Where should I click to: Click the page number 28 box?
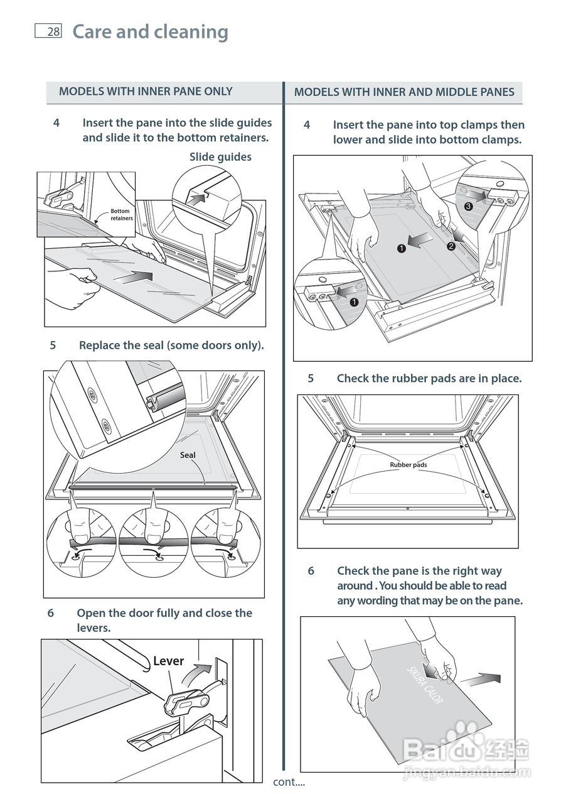click(x=48, y=31)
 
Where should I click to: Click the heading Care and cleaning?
click(x=150, y=31)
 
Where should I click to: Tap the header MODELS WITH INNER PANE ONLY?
click(x=146, y=92)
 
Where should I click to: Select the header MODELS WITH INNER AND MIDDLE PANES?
click(x=404, y=92)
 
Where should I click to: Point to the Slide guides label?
click(x=220, y=157)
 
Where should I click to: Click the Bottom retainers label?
click(x=121, y=215)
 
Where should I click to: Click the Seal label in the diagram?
click(x=188, y=455)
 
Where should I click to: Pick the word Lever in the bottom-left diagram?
click(x=168, y=661)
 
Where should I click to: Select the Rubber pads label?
click(x=408, y=465)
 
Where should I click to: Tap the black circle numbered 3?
click(x=468, y=206)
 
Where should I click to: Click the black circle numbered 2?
click(x=451, y=246)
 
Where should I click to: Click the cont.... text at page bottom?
click(x=289, y=782)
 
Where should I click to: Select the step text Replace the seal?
click(x=171, y=345)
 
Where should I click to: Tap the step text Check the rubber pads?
click(x=429, y=379)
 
